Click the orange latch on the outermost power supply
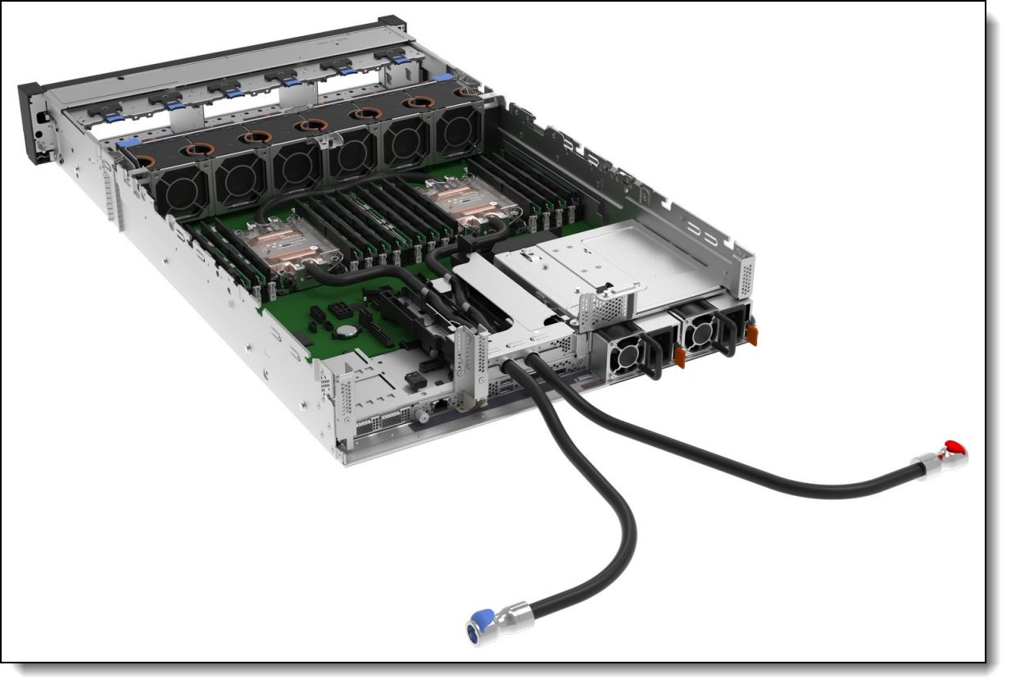click(751, 334)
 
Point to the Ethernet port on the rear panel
click(440, 404)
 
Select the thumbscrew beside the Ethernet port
click(421, 417)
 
